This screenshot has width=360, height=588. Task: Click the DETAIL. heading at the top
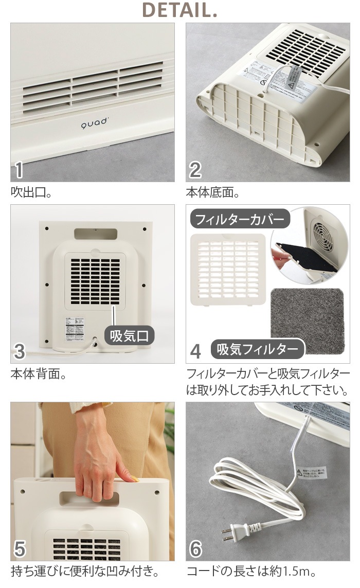pos(179,10)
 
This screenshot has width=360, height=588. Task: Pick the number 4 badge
pos(195,351)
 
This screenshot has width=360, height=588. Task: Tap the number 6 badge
pos(195,549)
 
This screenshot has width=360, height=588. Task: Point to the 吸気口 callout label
pos(130,336)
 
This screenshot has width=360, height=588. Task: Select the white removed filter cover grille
pos(228,270)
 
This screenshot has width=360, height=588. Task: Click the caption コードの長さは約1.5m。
pos(250,571)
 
